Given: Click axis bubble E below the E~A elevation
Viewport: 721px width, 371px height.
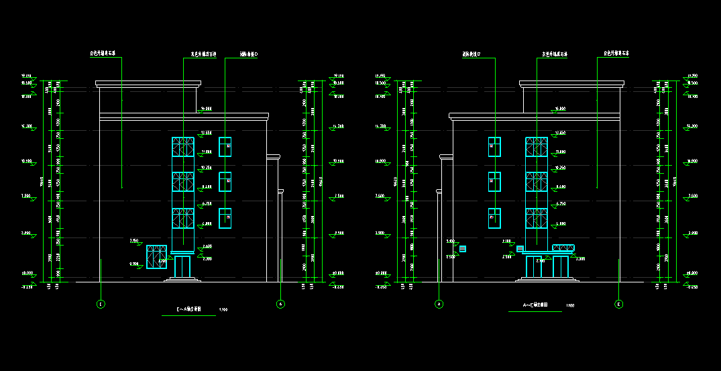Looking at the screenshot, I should pyautogui.click(x=101, y=304).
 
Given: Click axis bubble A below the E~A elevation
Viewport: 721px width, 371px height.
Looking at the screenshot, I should pyautogui.click(x=280, y=304).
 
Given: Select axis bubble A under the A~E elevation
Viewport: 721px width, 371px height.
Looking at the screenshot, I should pyautogui.click(x=439, y=304).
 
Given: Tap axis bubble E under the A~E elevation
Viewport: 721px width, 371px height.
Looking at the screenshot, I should pyautogui.click(x=619, y=304).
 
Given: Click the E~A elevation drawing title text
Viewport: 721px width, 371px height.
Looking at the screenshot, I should pyautogui.click(x=189, y=309).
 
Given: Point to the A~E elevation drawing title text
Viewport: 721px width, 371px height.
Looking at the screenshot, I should pyautogui.click(x=535, y=305).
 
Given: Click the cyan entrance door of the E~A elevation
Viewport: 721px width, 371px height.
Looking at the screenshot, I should pyautogui.click(x=182, y=266).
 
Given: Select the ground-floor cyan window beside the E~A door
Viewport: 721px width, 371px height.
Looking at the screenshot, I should pyautogui.click(x=156, y=256).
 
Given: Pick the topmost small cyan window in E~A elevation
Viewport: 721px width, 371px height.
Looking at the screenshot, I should pyautogui.click(x=225, y=146).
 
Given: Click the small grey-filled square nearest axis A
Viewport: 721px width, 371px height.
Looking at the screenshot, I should pyautogui.click(x=462, y=249).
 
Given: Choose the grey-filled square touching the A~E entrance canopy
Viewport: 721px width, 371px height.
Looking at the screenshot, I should pyautogui.click(x=520, y=249).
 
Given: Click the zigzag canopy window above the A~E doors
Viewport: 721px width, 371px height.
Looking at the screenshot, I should pyautogui.click(x=563, y=248).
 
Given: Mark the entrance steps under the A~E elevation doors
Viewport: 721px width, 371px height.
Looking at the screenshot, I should pyautogui.click(x=547, y=278).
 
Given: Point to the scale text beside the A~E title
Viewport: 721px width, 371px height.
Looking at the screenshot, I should pyautogui.click(x=570, y=306).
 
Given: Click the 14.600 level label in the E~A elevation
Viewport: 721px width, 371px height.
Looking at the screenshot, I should pyautogui.click(x=207, y=109).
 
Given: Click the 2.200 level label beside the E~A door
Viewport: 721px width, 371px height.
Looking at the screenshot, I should pyautogui.click(x=207, y=258).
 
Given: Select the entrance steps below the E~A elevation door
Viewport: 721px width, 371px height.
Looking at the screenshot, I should pyautogui.click(x=182, y=279).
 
